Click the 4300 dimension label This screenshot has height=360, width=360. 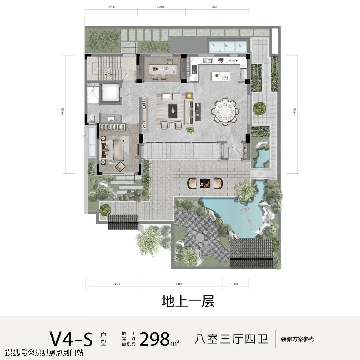111,6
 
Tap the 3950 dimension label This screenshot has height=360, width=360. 161,6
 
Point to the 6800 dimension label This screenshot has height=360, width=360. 180,284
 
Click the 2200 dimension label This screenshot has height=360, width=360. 234,284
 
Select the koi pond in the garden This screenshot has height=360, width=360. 230,213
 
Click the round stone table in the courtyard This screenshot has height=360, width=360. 200,237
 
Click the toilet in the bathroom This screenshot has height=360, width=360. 92,117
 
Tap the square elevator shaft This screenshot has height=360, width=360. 111,92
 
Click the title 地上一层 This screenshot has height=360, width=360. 188,301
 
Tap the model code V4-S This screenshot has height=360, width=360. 71,339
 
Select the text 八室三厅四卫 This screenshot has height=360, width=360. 231,339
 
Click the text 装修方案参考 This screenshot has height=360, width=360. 297,339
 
